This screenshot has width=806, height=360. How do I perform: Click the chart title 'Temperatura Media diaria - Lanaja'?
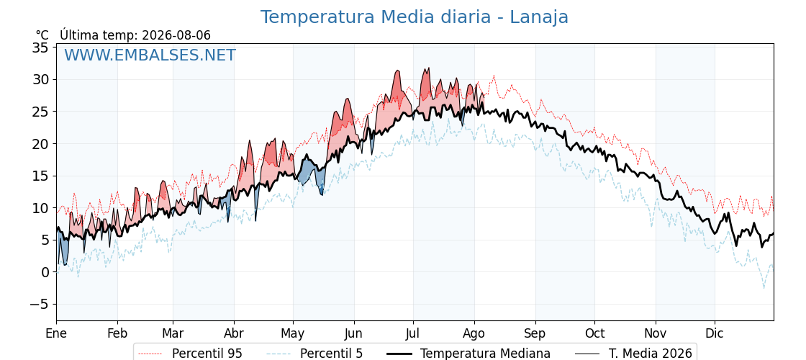click(x=414, y=17)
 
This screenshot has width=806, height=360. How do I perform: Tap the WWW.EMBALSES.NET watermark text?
click(x=150, y=55)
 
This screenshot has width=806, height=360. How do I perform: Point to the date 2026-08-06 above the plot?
click(x=176, y=35)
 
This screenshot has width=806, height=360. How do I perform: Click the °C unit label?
click(x=42, y=35)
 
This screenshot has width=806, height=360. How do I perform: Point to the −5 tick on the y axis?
click(x=37, y=304)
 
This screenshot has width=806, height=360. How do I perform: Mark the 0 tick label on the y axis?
click(x=44, y=272)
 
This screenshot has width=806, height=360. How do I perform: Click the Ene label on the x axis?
click(x=56, y=333)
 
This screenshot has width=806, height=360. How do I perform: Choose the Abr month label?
click(x=234, y=333)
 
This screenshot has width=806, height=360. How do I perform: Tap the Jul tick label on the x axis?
click(x=413, y=333)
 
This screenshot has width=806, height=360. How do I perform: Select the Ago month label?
click(x=474, y=333)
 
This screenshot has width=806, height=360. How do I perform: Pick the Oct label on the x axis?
click(x=594, y=333)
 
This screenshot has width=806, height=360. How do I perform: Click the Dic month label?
click(x=715, y=333)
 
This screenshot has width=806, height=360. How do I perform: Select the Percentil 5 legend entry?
click(x=315, y=354)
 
